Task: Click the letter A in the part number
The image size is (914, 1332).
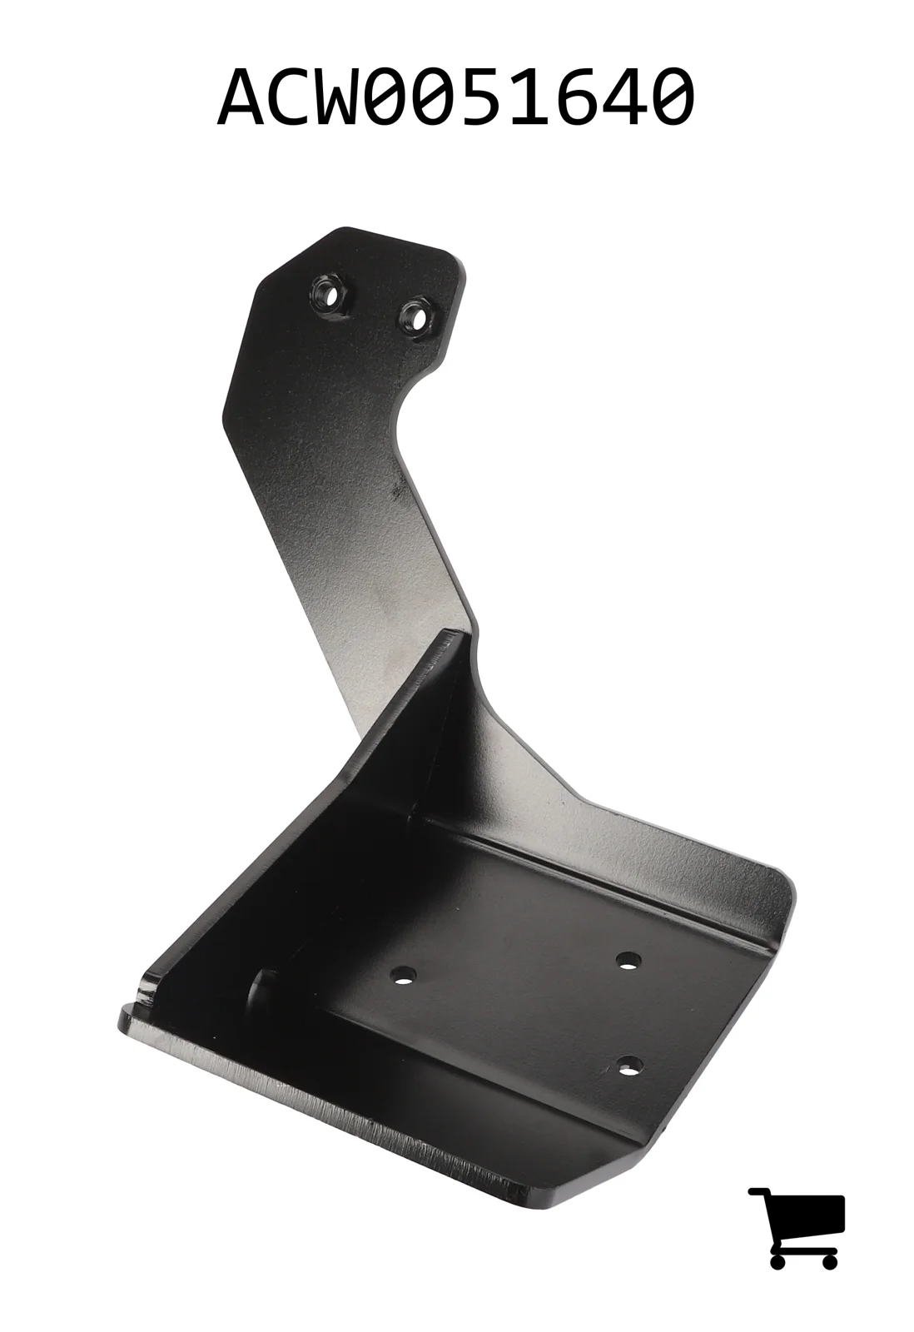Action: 242,96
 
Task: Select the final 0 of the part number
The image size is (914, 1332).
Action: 670,96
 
